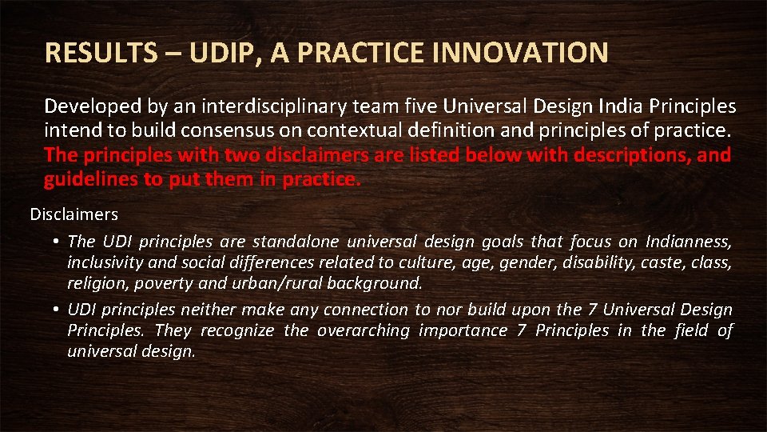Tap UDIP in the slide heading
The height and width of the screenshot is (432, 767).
click(x=217, y=54)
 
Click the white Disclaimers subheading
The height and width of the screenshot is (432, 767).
click(x=74, y=214)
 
